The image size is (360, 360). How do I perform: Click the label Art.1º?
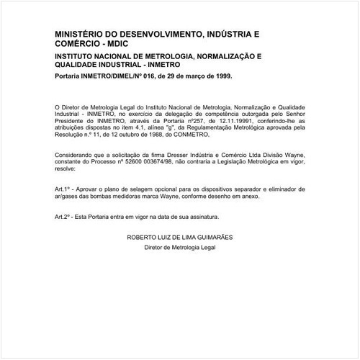[64, 189]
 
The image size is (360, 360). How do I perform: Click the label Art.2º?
[64, 216]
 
